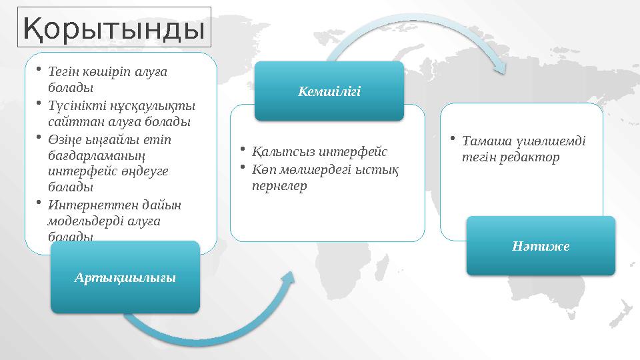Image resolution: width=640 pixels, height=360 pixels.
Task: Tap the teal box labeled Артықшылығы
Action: (x=125, y=277)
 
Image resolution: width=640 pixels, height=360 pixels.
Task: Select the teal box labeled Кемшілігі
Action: (x=329, y=91)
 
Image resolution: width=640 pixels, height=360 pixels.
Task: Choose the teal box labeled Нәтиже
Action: (x=541, y=245)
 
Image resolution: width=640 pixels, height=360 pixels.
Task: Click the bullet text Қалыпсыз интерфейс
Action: (x=319, y=151)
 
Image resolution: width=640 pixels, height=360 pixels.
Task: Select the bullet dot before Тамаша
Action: (x=452, y=139)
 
